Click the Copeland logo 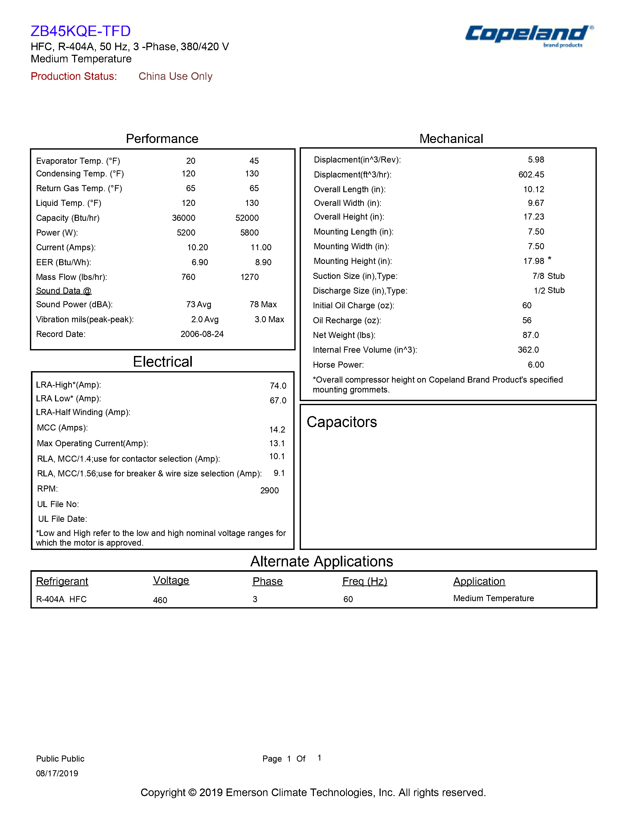click(529, 35)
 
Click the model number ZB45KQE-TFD click(80, 31)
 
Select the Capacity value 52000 click(247, 218)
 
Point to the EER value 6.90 click(199, 262)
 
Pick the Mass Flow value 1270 click(250, 277)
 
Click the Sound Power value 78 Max click(263, 304)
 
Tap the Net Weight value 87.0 click(531, 335)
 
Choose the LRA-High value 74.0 click(278, 386)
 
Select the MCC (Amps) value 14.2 click(277, 429)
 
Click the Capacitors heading click(342, 422)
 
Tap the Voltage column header click(171, 580)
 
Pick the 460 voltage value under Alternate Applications click(160, 600)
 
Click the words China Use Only click(175, 76)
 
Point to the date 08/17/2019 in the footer click(57, 773)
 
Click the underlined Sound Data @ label click(64, 291)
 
